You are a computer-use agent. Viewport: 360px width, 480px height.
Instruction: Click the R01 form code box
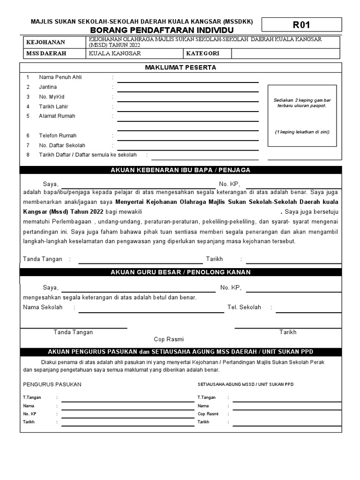301,25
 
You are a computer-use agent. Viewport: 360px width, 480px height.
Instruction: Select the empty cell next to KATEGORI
286,53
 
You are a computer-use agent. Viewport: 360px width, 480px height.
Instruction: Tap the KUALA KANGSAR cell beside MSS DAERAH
135,53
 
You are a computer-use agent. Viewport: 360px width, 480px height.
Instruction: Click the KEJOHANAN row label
46,42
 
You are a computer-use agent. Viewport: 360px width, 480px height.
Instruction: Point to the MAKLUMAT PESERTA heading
180,67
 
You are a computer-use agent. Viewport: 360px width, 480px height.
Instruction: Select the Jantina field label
48,87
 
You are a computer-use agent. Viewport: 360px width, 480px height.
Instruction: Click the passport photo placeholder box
302,115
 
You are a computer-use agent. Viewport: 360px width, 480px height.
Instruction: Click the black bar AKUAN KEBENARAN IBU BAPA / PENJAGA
180,170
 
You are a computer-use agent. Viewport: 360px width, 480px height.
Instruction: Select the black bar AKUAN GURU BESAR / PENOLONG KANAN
180,272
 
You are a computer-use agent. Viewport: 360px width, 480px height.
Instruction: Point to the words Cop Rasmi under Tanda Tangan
169,339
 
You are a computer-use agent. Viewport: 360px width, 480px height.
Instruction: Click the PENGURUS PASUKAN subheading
52,384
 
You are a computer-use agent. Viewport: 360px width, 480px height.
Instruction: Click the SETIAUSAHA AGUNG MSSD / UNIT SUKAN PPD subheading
246,384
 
